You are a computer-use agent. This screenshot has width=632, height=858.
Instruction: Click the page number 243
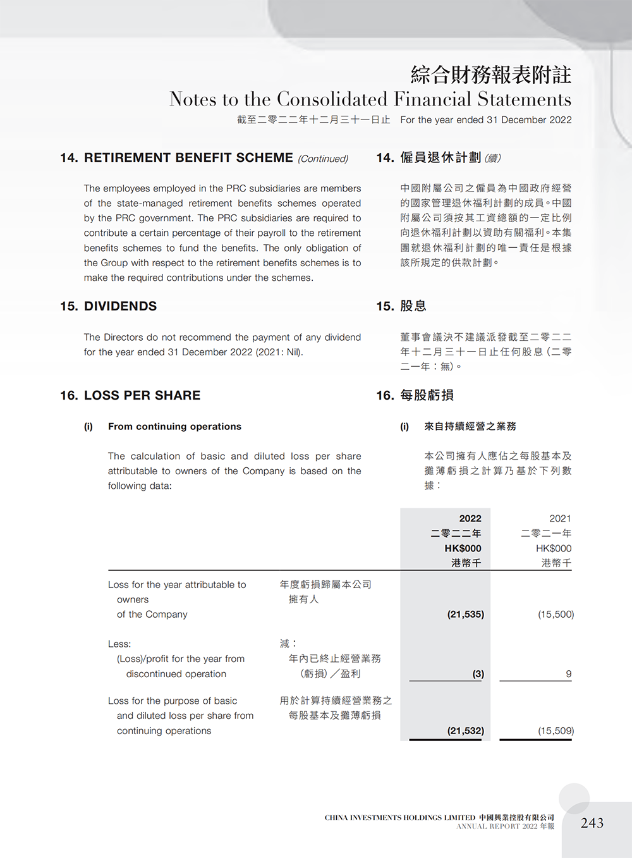592,823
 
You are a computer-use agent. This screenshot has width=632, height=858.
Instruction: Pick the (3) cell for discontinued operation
478,674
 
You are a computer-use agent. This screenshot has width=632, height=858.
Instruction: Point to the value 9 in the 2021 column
568,674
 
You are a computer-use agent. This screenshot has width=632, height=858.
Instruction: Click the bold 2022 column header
470,518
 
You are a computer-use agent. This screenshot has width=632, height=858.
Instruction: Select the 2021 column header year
560,518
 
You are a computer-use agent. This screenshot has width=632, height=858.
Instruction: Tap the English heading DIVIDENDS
120,306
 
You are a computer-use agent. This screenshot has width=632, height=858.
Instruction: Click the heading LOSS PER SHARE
142,395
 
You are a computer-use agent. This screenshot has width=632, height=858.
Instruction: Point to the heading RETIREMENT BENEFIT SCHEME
188,157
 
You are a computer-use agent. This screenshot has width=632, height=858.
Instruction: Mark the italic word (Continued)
323,159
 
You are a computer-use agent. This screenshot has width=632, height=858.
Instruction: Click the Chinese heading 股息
413,306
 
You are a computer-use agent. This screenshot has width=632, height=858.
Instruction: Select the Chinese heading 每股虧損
427,395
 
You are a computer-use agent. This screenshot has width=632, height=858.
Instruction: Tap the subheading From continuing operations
174,427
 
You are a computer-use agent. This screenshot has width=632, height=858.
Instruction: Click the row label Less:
119,644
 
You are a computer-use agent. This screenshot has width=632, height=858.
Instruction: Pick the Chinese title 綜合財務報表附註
490,75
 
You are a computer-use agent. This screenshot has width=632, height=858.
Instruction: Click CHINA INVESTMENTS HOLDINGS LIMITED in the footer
399,818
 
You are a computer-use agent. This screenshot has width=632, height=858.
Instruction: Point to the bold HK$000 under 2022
463,548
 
